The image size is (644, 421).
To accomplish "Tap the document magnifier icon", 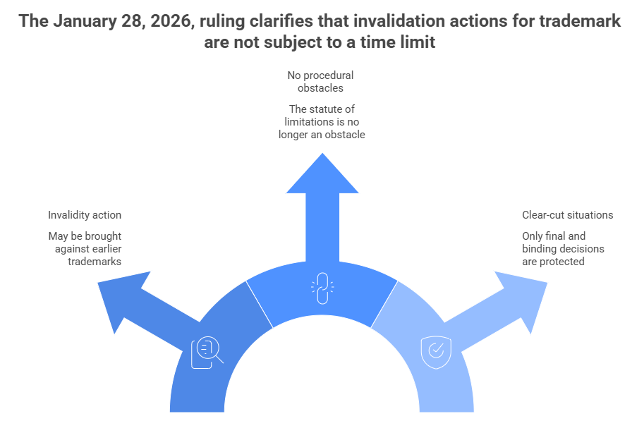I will (206, 351).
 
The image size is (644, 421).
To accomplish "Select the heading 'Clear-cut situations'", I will (567, 215).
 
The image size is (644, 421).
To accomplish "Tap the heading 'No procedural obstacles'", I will (321, 81).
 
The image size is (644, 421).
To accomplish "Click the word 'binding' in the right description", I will (540, 249).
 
